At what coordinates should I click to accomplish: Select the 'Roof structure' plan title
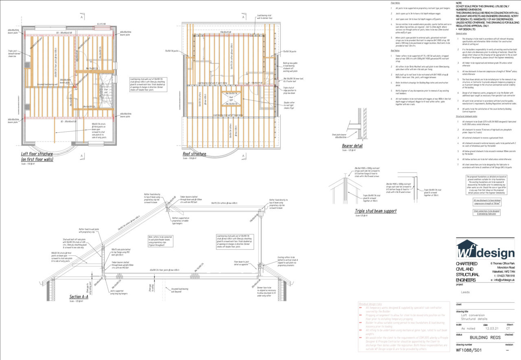pos(194,154)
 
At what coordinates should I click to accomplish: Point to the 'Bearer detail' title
pos(352,145)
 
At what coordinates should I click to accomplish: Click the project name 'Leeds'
pos(465,292)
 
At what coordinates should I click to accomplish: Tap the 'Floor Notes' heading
pos(395,3)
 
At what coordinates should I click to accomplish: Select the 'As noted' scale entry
pos(468,328)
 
